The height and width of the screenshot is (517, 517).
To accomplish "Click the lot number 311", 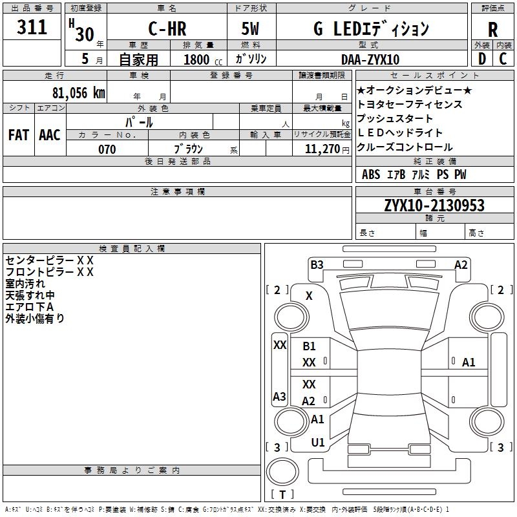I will [32, 28].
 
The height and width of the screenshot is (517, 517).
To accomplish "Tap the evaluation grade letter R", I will [492, 30].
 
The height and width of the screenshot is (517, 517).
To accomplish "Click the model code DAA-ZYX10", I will [370, 59].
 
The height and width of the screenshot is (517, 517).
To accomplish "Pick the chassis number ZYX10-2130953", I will [434, 206].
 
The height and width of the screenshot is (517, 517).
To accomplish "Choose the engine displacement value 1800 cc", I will [198, 59].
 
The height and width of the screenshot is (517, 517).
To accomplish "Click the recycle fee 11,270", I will [322, 149].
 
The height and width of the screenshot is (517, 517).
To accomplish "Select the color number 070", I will [107, 149].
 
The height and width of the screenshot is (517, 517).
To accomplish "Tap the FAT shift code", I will [19, 134].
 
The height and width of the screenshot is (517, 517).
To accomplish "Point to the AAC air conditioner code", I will [50, 134].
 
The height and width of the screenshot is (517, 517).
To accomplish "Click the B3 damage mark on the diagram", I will [316, 264].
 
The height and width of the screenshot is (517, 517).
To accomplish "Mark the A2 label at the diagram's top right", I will [461, 264].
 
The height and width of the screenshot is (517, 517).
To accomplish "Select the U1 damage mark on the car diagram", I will [317, 443].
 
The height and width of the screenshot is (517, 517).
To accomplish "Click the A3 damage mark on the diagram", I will [279, 396].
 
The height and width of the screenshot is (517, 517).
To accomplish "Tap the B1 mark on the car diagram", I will [310, 346].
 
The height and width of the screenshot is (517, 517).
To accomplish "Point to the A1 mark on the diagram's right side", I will [469, 363].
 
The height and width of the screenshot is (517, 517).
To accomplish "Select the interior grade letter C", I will [503, 59].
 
